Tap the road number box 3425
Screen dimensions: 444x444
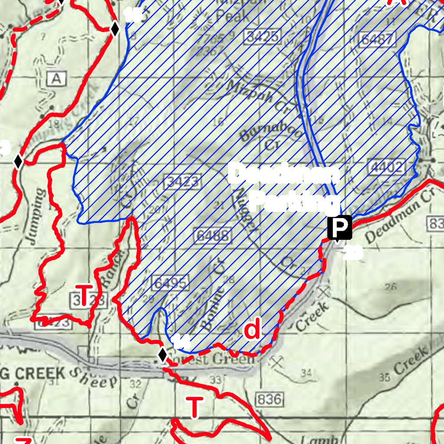(x=262, y=36)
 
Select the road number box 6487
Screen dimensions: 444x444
(x=378, y=39)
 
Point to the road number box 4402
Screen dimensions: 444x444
(x=388, y=167)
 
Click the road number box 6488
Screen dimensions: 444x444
(x=212, y=235)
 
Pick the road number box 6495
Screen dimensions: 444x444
(x=170, y=283)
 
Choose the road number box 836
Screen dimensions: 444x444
(x=269, y=398)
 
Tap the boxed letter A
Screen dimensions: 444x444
(x=56, y=79)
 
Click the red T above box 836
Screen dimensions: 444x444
(x=195, y=408)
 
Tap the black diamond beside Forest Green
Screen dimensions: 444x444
(x=163, y=355)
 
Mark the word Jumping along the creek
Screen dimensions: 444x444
(x=37, y=217)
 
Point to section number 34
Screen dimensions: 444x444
(x=306, y=372)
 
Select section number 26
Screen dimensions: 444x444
(x=390, y=286)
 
